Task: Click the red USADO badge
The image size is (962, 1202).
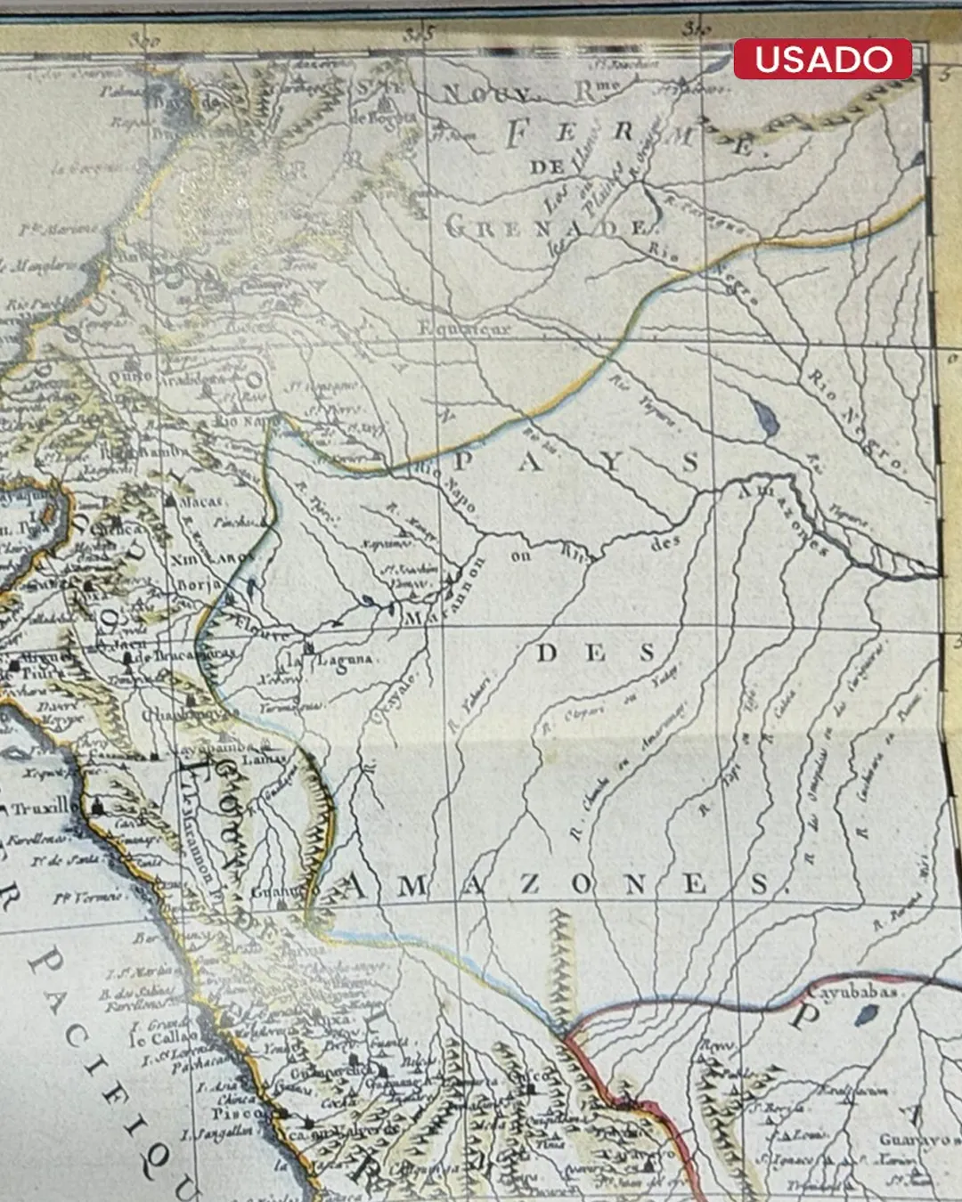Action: (x=822, y=60)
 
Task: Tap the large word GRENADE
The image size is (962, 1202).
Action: (x=546, y=228)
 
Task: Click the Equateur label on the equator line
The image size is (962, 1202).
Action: (x=464, y=328)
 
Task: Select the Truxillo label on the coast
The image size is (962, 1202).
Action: (x=39, y=808)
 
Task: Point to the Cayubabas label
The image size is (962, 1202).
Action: (x=853, y=991)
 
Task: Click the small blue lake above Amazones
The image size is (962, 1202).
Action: (x=763, y=416)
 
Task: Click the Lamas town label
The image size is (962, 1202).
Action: (x=265, y=759)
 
